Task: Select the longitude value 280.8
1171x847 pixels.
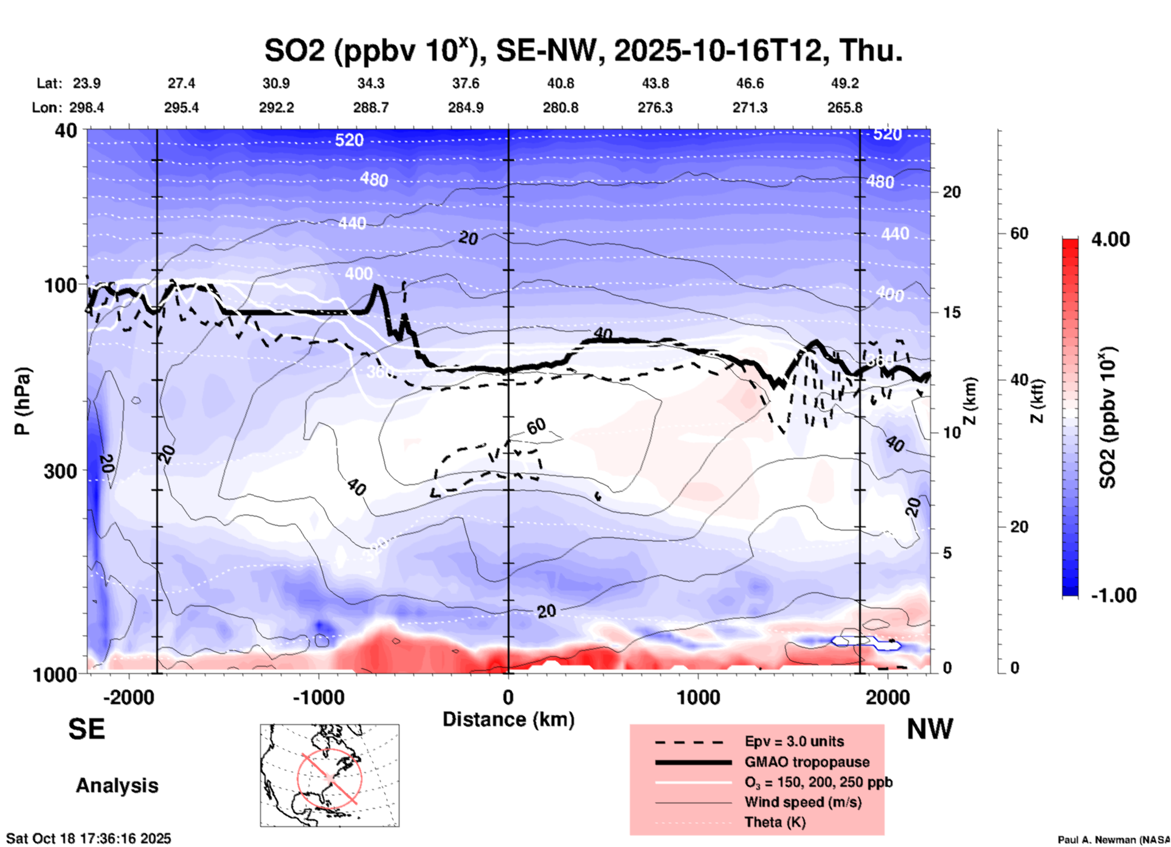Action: click(x=560, y=108)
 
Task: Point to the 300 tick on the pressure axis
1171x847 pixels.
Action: click(x=61, y=471)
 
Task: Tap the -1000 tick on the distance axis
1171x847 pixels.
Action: click(x=318, y=698)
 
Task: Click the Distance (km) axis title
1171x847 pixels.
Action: click(x=508, y=719)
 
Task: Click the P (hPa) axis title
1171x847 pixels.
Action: click(x=22, y=401)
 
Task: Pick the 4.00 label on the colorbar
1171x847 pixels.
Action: click(x=1110, y=239)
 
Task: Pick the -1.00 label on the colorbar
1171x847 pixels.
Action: click(x=1112, y=595)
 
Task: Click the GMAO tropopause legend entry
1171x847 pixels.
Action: click(x=807, y=762)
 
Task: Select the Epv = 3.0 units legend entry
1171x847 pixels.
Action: click(x=794, y=741)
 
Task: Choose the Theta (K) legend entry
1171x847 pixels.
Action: click(x=775, y=822)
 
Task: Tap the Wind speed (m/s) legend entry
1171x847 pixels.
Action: click(x=803, y=802)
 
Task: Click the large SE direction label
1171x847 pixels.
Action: click(x=86, y=729)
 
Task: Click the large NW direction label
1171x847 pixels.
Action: click(x=930, y=729)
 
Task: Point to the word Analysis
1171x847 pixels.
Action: click(x=117, y=786)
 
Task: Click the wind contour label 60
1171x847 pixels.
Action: click(x=536, y=427)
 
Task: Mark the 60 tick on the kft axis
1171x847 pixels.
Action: click(x=1019, y=233)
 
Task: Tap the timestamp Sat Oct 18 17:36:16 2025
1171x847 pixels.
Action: click(x=89, y=838)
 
